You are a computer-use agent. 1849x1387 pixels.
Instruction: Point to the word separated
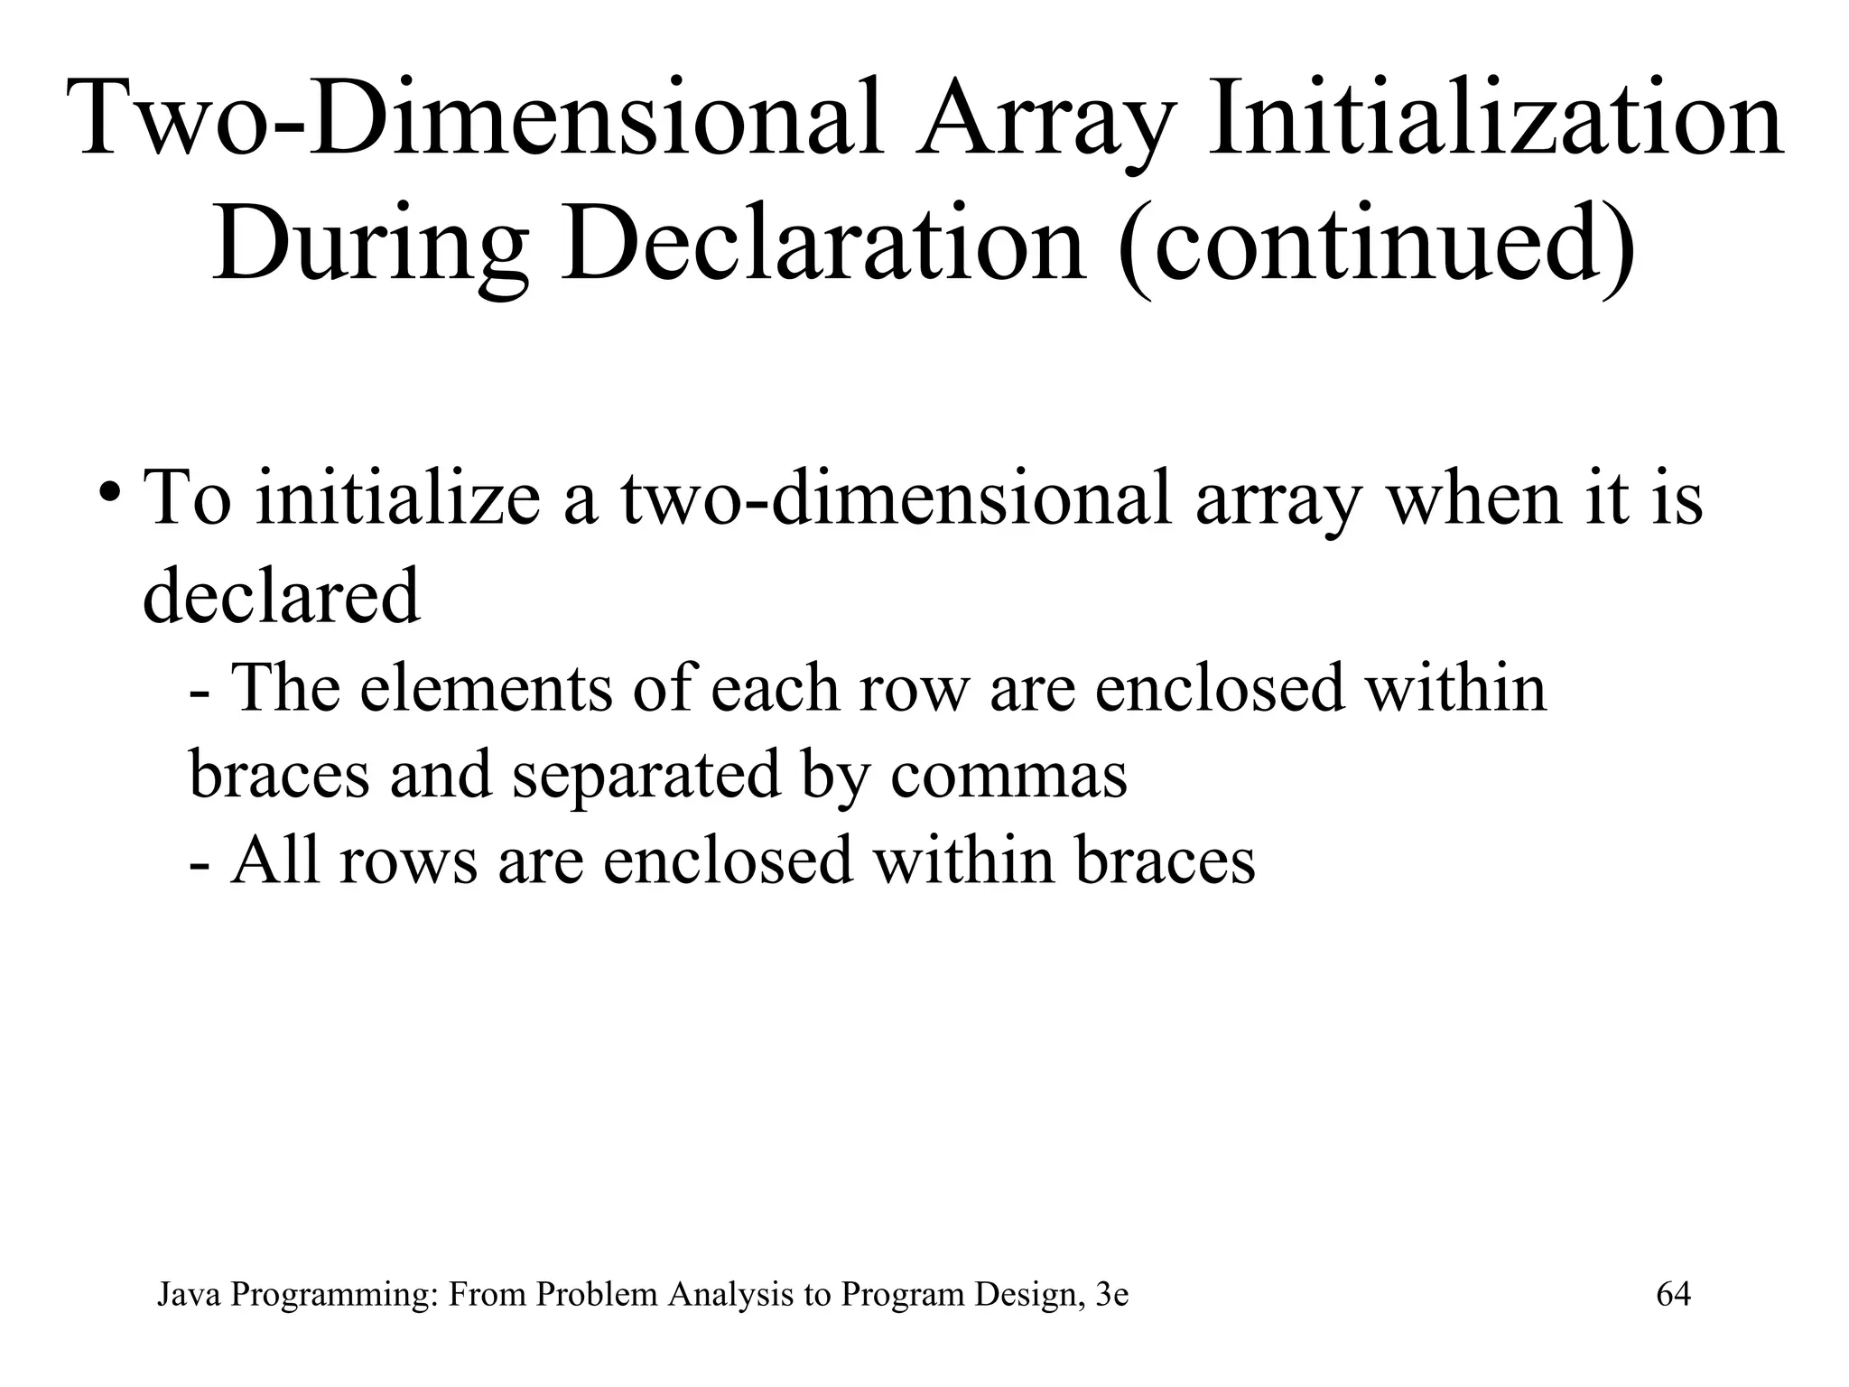point(646,775)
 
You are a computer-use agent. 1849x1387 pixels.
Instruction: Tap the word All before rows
point(275,861)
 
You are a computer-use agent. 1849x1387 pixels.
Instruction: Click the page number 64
point(1673,1294)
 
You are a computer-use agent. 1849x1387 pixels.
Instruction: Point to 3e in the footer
point(1110,1295)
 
